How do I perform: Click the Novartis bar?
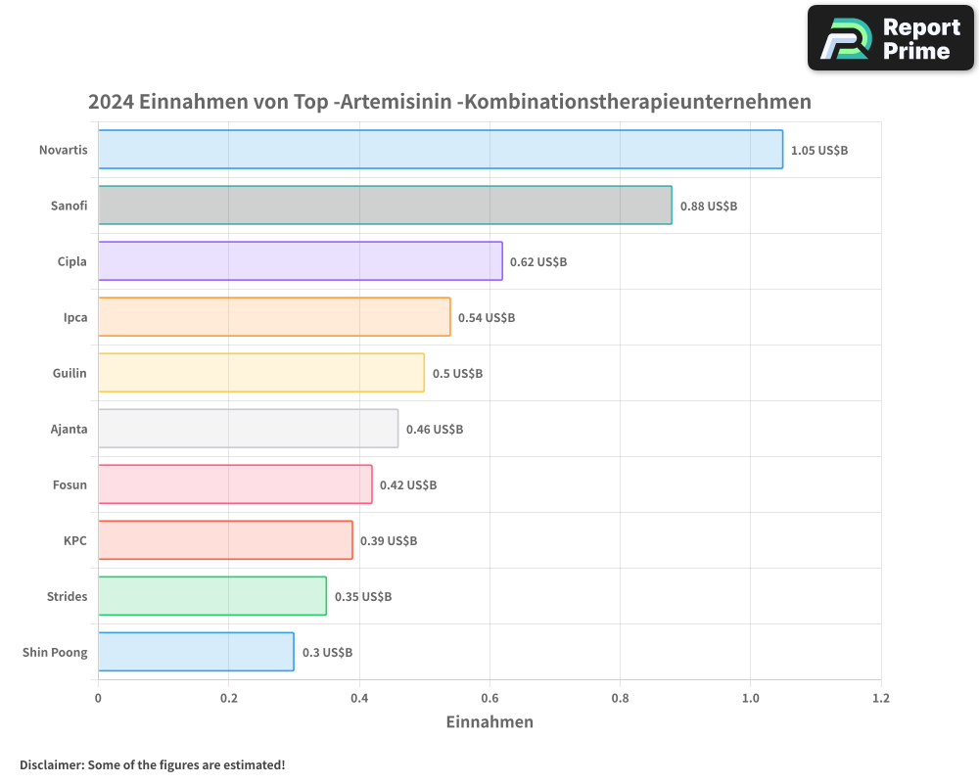(x=441, y=150)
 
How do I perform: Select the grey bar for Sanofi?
(x=385, y=206)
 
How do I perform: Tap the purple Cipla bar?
(x=300, y=261)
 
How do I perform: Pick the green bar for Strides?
(x=212, y=596)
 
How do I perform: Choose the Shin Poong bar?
(x=196, y=652)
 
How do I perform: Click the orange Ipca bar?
(x=274, y=317)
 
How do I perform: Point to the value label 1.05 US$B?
(x=819, y=151)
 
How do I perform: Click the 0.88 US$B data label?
(x=709, y=207)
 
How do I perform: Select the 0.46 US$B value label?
(x=435, y=430)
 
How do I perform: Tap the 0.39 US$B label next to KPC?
(x=389, y=541)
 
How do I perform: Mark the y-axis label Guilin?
(x=70, y=373)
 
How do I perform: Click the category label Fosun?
(x=70, y=484)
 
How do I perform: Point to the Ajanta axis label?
(x=69, y=429)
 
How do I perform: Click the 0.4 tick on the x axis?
(x=359, y=699)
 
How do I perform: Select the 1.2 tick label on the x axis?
(x=881, y=699)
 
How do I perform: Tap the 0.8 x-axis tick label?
(x=620, y=699)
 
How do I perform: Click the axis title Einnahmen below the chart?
(x=489, y=722)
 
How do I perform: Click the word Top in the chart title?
(x=310, y=102)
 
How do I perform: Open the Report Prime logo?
(x=891, y=38)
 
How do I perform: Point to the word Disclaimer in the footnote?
(x=51, y=764)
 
